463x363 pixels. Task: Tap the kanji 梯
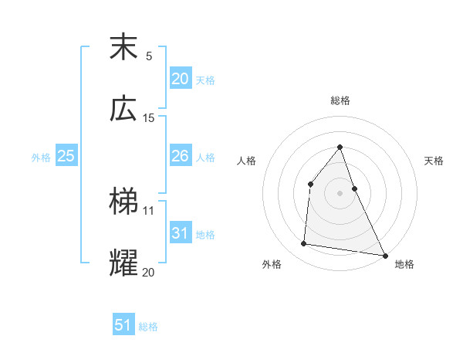click(124, 202)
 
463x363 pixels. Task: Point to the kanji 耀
click(124, 263)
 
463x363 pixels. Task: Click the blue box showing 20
click(181, 78)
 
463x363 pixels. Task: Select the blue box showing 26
click(181, 156)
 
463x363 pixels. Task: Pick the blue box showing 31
click(181, 233)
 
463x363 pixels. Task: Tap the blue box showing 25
click(66, 156)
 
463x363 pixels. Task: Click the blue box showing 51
click(123, 325)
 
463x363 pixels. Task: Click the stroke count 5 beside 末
click(149, 56)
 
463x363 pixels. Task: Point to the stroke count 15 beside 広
click(149, 118)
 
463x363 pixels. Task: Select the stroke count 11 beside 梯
click(149, 210)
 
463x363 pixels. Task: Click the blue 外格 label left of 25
click(41, 158)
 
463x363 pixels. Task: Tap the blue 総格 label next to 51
click(148, 327)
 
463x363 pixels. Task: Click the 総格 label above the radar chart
click(340, 100)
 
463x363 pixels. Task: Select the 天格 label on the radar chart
click(434, 161)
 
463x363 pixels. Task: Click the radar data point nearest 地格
click(384, 254)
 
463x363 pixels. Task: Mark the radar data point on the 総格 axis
click(340, 147)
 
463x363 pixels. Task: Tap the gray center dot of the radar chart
click(340, 193)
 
